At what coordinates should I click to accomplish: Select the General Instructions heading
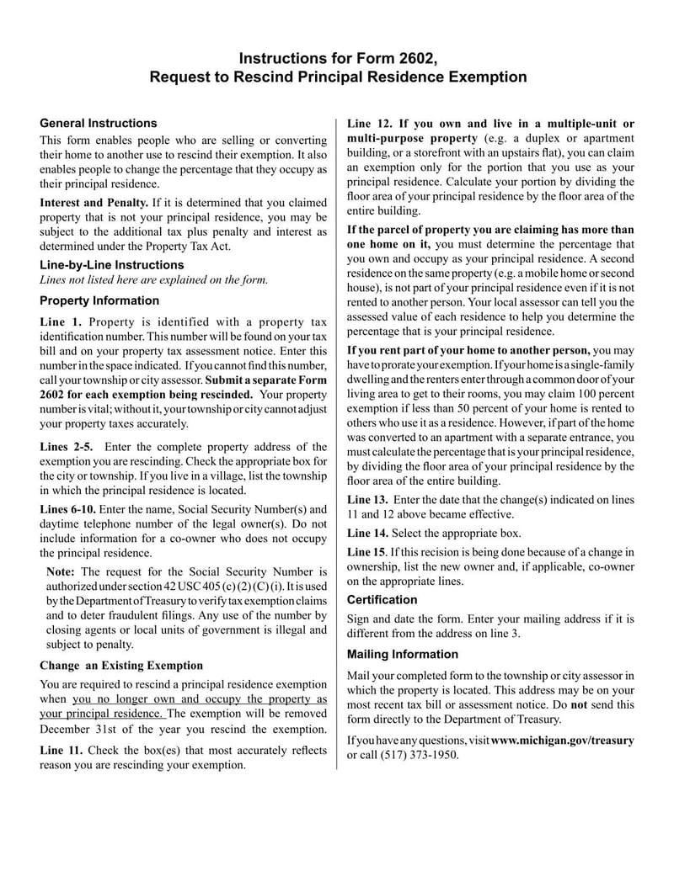99,123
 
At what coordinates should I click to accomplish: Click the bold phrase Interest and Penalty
94,203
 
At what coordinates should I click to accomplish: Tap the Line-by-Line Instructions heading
112,264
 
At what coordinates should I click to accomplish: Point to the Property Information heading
99,300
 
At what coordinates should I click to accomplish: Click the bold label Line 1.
61,321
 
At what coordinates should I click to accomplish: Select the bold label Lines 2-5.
67,446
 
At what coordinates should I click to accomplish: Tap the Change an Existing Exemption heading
121,665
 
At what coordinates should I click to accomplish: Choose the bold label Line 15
366,551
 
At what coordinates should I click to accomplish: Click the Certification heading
382,600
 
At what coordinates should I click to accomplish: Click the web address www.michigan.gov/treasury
562,740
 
